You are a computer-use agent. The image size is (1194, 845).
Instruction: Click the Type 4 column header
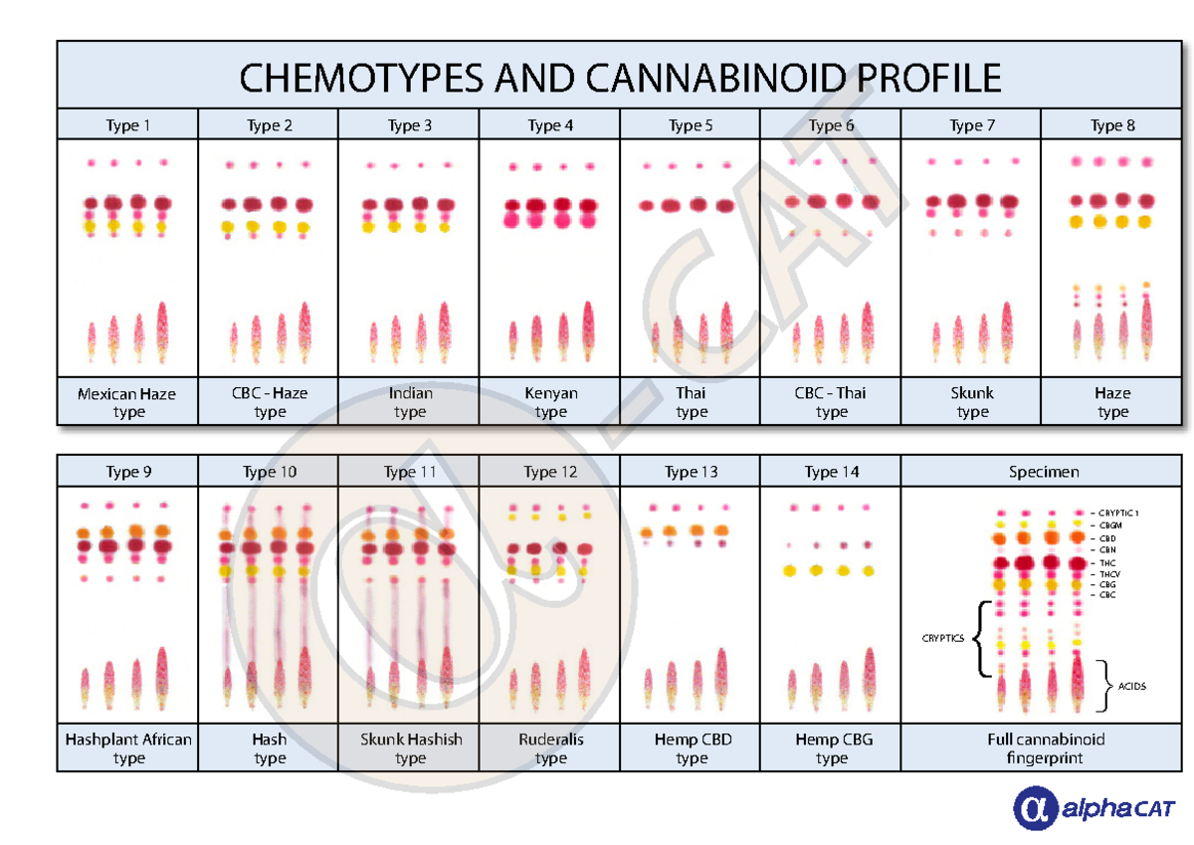coord(550,125)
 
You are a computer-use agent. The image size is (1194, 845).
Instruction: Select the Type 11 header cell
coord(410,472)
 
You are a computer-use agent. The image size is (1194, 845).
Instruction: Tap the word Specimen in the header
coord(1043,472)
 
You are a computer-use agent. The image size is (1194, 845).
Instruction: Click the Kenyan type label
coord(550,402)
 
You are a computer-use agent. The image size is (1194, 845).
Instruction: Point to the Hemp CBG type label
coord(832,748)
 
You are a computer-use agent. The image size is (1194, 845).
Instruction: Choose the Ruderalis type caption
coord(550,748)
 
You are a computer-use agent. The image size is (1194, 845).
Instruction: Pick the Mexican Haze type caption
coord(127,402)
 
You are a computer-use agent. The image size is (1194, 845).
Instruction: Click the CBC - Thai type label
coord(831,402)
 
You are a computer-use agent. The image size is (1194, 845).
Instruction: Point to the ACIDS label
coord(1131,686)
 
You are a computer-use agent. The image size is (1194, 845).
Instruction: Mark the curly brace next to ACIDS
coord(1104,686)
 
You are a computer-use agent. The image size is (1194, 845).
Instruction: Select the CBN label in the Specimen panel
coord(1107,549)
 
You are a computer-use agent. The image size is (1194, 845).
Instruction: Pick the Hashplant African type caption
coord(128,748)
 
